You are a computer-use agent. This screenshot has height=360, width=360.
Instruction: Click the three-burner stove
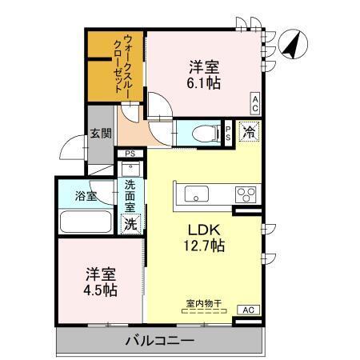(x=245, y=194)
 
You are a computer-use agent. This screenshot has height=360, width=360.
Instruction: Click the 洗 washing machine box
(x=130, y=224)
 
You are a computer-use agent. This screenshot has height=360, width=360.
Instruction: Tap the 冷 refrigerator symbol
(x=250, y=132)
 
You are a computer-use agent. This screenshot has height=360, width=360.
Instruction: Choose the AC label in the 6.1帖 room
(x=254, y=102)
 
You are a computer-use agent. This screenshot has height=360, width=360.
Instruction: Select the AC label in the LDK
(x=247, y=310)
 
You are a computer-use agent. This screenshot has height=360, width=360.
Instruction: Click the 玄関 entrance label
(x=100, y=133)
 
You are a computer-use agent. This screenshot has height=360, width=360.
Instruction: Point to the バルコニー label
(x=160, y=342)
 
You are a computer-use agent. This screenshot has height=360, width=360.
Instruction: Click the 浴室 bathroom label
(x=86, y=195)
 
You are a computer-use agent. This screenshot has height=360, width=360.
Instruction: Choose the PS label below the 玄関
(x=130, y=154)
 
